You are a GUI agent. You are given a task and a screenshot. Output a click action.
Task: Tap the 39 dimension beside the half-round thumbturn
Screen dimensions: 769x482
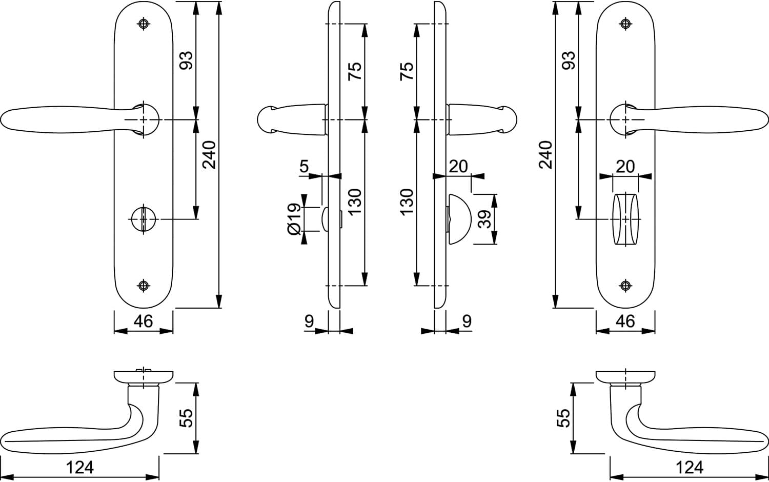click(485, 219)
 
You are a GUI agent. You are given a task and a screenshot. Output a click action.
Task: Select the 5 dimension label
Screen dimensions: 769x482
click(305, 166)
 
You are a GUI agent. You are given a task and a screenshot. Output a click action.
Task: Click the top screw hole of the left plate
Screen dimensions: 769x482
click(144, 24)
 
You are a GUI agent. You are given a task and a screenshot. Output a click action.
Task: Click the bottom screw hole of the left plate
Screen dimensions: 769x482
click(144, 285)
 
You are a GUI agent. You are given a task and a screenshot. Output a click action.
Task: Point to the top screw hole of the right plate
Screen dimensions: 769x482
click(625, 24)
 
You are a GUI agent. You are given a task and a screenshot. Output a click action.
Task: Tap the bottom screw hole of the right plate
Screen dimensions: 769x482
click(625, 285)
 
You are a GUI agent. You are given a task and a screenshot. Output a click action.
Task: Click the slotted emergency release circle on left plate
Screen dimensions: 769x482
click(144, 219)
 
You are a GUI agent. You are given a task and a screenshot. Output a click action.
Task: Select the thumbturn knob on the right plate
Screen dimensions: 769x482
click(625, 219)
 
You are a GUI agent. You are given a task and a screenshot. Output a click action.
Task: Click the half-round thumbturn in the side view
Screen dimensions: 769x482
click(459, 219)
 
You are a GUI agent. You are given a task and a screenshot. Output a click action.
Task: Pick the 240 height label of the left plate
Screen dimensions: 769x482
click(209, 155)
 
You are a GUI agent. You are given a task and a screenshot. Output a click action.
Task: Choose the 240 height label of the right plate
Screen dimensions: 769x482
click(545, 155)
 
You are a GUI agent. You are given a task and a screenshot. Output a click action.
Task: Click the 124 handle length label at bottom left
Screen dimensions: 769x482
click(79, 468)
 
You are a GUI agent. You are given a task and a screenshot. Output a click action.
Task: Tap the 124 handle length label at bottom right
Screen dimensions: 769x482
click(690, 468)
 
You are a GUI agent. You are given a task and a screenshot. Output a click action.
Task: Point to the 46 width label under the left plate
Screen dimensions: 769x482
click(143, 322)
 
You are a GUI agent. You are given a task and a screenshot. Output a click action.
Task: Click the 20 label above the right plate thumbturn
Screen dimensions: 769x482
click(625, 167)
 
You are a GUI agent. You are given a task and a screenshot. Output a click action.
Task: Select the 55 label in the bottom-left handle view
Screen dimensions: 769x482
click(187, 418)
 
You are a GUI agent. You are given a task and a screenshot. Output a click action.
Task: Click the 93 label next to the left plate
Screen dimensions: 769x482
click(187, 61)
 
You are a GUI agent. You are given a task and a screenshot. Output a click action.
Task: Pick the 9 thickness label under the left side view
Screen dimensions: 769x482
click(309, 322)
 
